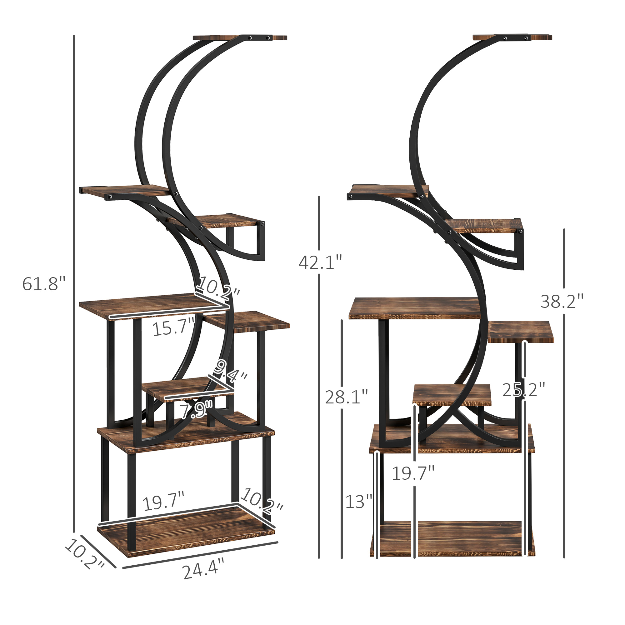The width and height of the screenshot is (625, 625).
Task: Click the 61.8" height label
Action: tap(44, 284)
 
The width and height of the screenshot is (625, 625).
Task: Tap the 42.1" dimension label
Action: tap(320, 262)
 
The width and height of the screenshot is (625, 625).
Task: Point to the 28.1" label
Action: tap(347, 397)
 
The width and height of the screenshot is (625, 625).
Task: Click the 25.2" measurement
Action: tap(523, 390)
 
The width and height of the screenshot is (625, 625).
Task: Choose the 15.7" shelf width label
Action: tap(173, 327)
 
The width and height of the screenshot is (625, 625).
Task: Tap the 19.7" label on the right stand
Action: tap(413, 473)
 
